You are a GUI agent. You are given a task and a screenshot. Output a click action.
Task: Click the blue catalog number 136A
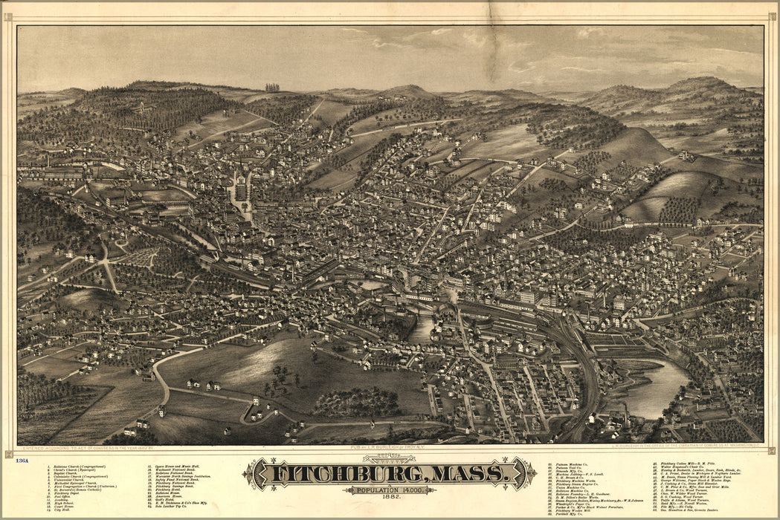tap(22, 461)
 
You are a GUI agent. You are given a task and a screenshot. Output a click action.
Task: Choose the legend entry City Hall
tap(64, 512)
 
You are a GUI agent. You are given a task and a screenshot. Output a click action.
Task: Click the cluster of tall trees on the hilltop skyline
tap(272, 87)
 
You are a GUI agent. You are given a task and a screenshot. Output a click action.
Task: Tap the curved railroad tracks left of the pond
tap(584, 364)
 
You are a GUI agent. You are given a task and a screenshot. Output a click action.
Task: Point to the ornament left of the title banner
tap(253, 473)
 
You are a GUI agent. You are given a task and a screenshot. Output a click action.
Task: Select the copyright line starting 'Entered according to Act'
tap(89, 449)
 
